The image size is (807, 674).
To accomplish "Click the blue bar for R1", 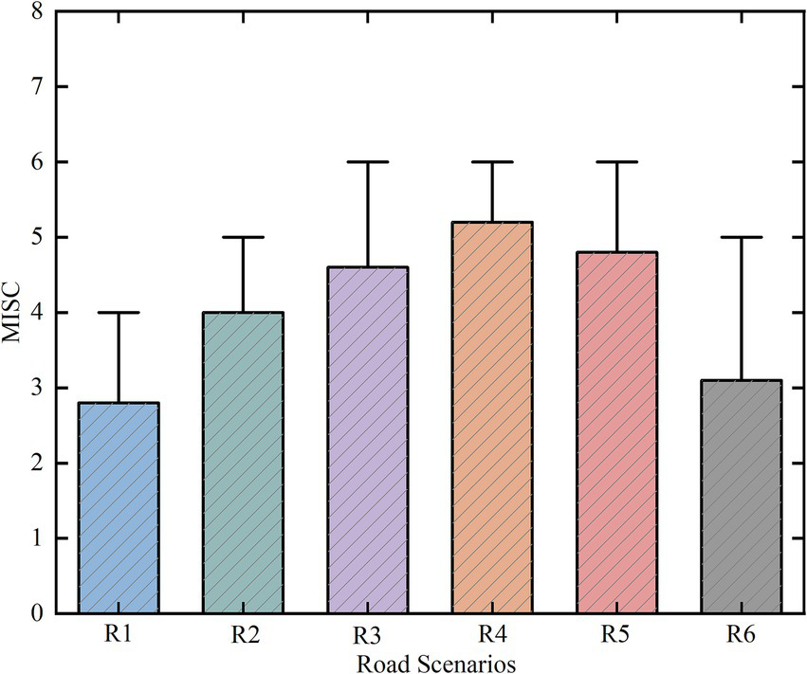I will (119, 508).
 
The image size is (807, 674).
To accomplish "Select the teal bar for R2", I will (244, 463).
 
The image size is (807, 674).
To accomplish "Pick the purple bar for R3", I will (368, 440).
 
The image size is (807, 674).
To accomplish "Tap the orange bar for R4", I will (492, 417).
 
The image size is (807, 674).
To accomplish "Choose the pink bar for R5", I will (617, 432).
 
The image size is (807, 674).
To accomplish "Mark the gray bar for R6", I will (742, 497).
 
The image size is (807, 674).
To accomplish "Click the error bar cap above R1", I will (119, 313).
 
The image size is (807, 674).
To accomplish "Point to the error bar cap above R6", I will (742, 237).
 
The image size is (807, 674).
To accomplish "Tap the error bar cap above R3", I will (368, 162).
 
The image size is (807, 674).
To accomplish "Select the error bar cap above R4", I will (492, 162).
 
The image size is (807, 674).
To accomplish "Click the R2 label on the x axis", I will (244, 634).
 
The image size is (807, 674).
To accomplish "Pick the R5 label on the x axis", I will (617, 634).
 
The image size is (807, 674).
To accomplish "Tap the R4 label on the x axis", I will (492, 634).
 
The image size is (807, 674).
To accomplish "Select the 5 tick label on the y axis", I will (39, 237).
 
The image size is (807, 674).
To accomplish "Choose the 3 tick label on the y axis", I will (39, 388).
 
